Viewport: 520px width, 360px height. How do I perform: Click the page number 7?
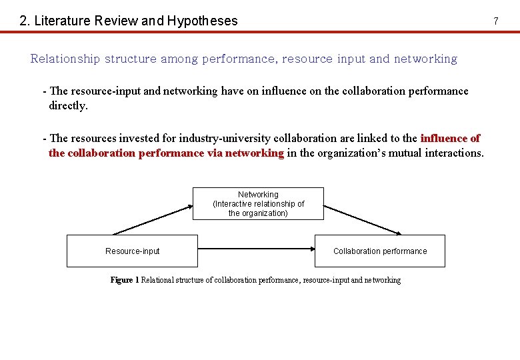click(495, 21)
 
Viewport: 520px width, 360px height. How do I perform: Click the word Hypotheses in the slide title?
click(202, 21)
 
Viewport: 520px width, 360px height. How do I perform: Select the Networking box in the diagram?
click(258, 203)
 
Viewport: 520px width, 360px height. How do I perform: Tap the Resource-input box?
click(132, 251)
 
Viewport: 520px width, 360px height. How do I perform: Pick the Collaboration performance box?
click(379, 251)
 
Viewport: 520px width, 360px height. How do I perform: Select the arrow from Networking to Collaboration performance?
click(363, 219)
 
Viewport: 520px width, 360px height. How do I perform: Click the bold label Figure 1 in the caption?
click(124, 280)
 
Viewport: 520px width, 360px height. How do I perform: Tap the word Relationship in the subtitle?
click(65, 59)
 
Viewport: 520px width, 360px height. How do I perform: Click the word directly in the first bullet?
click(68, 105)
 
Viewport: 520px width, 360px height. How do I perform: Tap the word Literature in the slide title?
click(62, 21)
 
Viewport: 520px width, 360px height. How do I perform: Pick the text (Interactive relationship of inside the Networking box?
click(258, 204)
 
